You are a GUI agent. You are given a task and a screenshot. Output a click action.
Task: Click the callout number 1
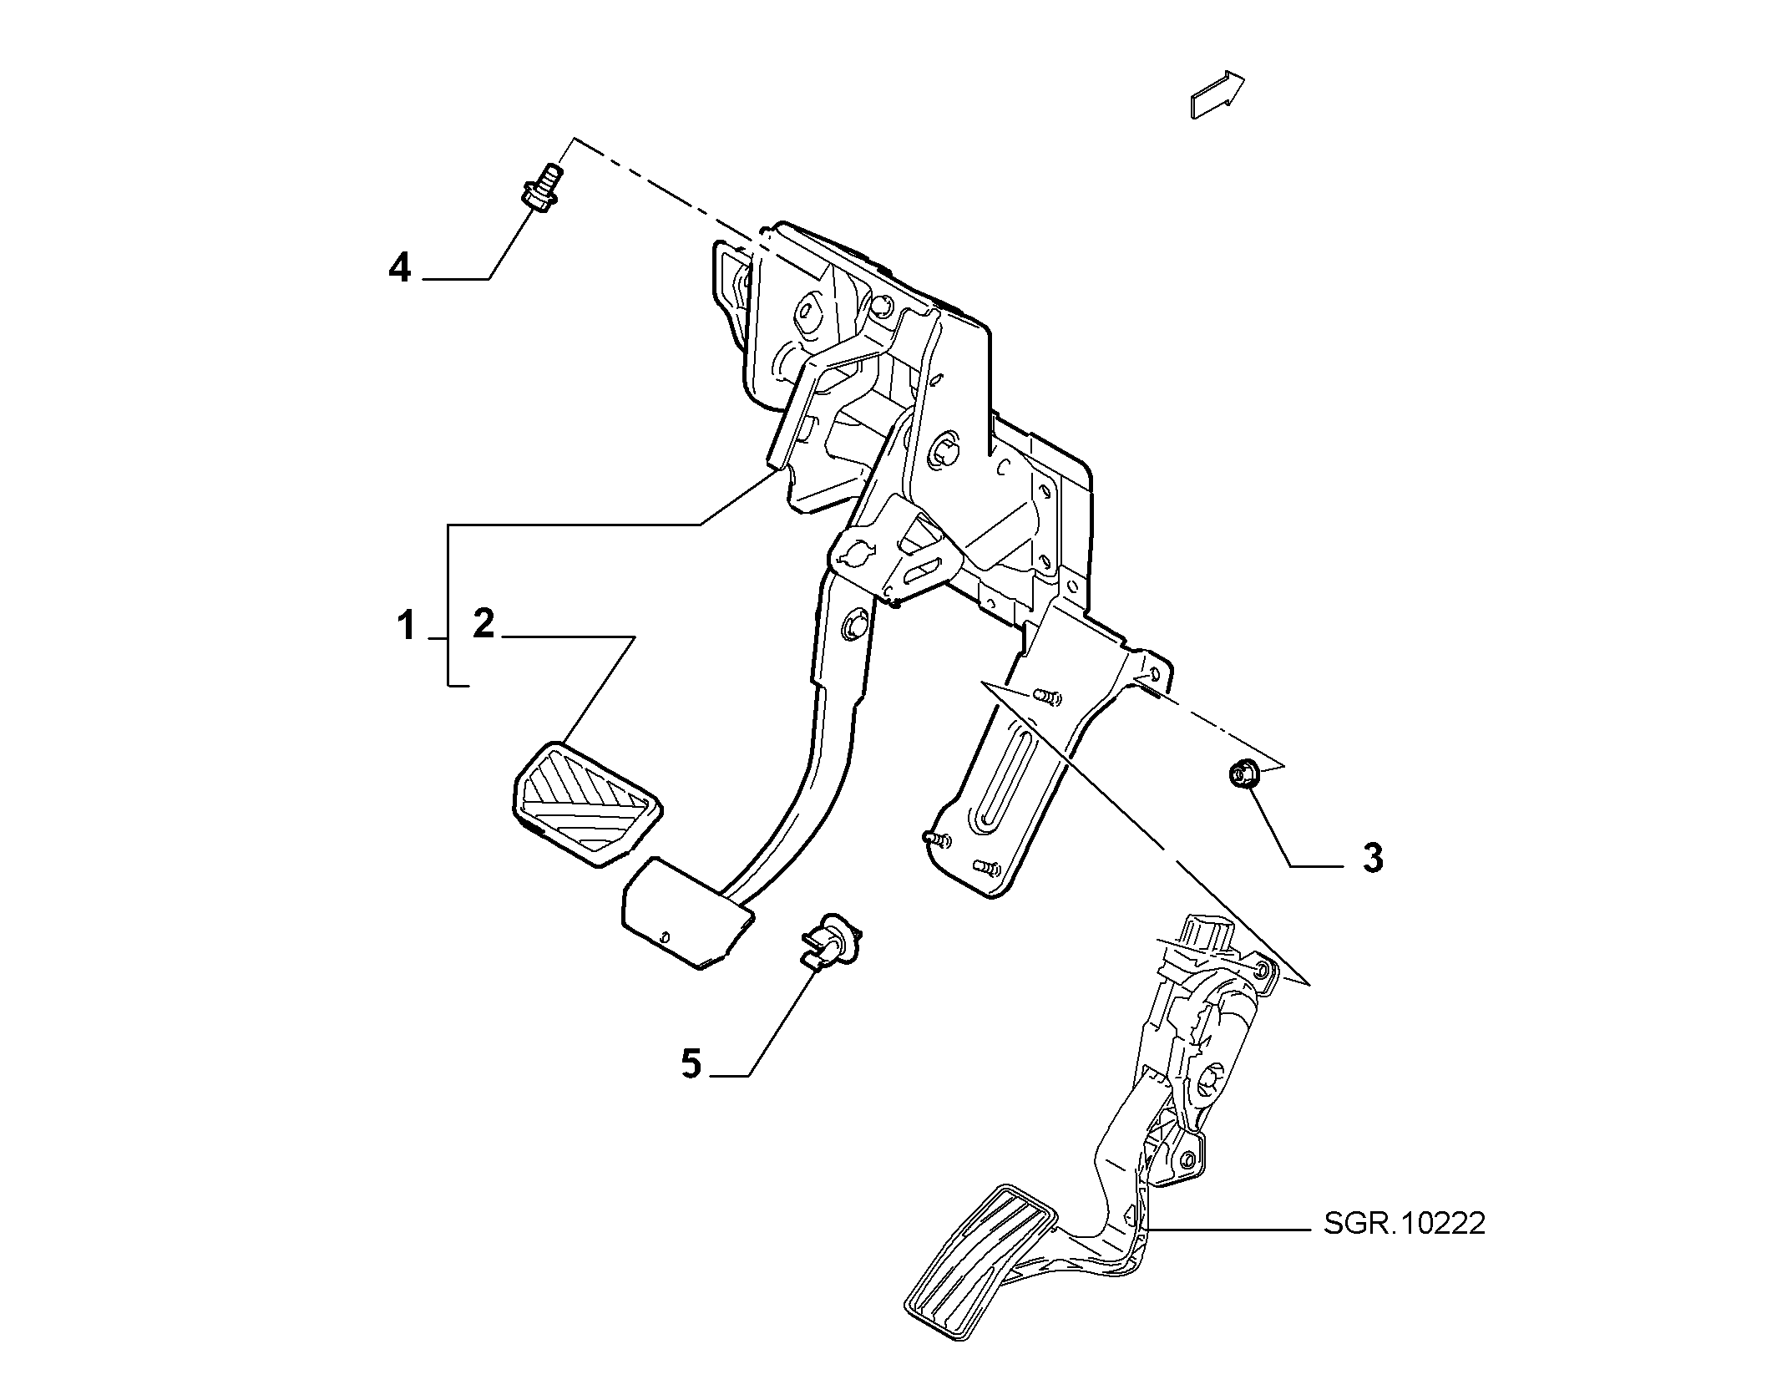tap(406, 626)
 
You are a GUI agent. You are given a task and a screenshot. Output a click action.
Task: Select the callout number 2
tap(483, 624)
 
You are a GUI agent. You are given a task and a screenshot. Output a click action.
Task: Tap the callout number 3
tap(1373, 858)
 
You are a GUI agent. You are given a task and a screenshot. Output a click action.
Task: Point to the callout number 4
tap(400, 268)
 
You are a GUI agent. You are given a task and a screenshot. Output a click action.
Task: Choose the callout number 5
tap(691, 1064)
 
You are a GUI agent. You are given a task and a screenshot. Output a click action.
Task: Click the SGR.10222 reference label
tap(1405, 1224)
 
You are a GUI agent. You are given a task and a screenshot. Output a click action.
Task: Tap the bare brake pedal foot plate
tap(686, 913)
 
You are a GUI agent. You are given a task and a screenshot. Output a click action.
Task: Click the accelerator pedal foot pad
tap(981, 1255)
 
